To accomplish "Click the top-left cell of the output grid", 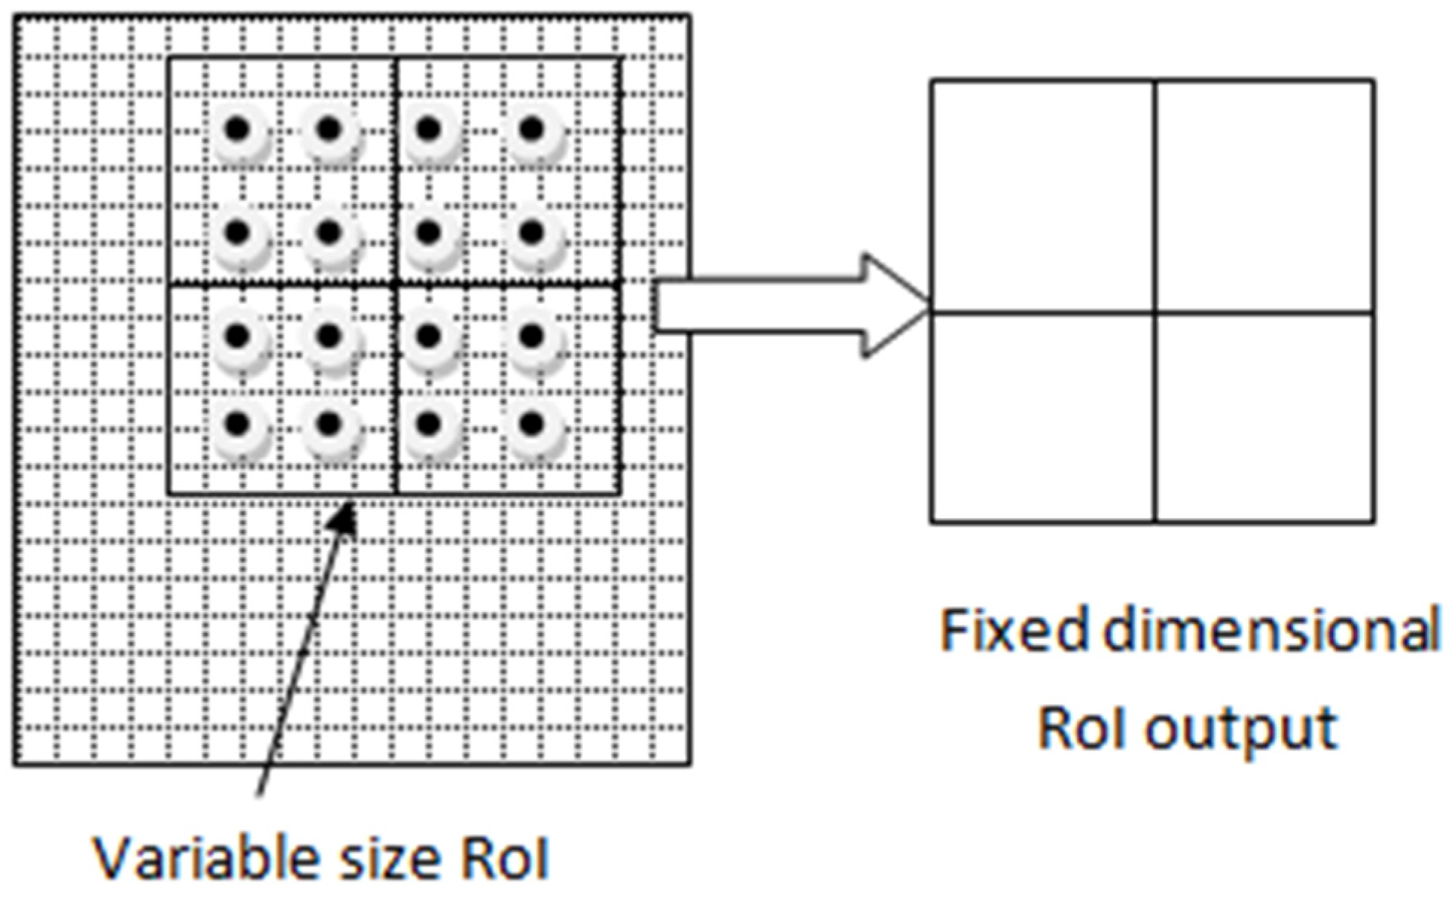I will pyautogui.click(x=1043, y=195).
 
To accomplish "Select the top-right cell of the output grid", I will pyautogui.click(x=1264, y=195).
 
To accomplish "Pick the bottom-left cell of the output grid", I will pyautogui.click(x=1043, y=417).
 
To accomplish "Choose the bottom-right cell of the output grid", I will pyautogui.click(x=1264, y=417).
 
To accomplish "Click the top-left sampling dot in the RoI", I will pyautogui.click(x=237, y=130).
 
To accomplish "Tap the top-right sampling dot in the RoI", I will pyautogui.click(x=531, y=130).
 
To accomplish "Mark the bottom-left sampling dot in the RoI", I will pyautogui.click(x=237, y=424).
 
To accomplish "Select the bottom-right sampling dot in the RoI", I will pyautogui.click(x=531, y=424).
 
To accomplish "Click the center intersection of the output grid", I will pyautogui.click(x=1155, y=311).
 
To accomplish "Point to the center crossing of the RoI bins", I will pyautogui.click(x=397, y=284).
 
